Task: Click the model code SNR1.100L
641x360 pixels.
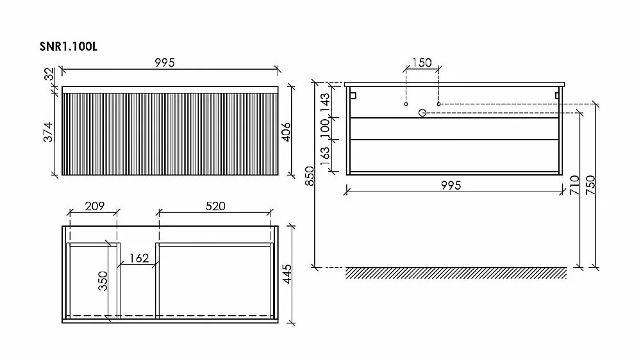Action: pos(69,47)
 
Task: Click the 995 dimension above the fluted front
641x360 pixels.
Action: pos(165,63)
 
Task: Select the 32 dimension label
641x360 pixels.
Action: pos(49,74)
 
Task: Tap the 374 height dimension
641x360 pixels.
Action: pos(48,132)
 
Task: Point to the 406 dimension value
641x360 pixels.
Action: pos(286,132)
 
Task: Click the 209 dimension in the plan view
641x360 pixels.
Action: pos(95,206)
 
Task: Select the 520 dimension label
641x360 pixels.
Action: pos(215,206)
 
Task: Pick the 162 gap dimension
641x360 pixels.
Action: pos(139,258)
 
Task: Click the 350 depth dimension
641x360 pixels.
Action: pos(103,281)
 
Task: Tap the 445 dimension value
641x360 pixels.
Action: pos(287,274)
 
